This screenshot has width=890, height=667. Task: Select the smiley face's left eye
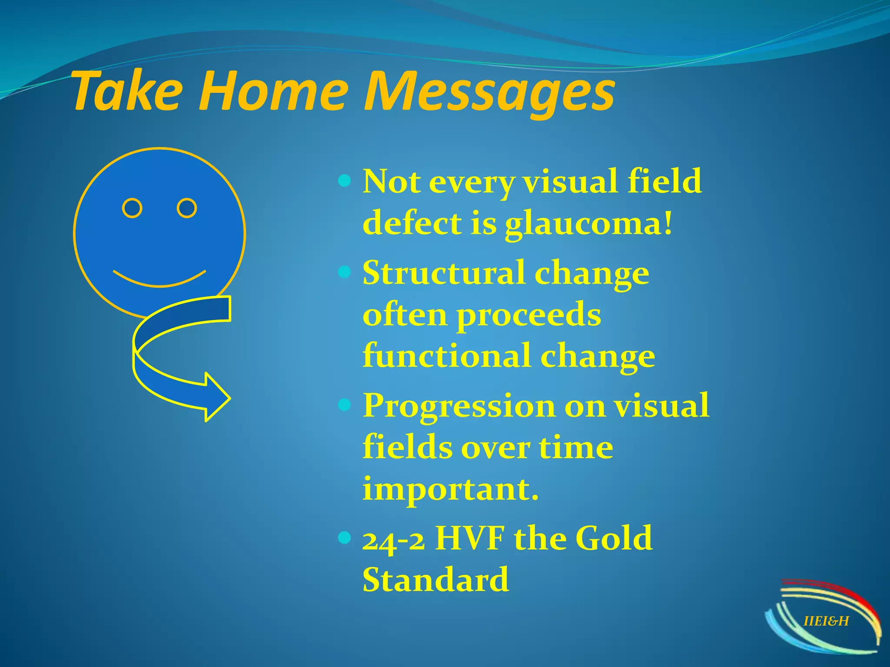[132, 208]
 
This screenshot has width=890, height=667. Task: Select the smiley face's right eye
[187, 208]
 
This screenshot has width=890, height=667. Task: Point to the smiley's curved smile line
[159, 281]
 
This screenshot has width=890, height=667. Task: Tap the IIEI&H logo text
[826, 621]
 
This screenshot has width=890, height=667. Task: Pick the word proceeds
[528, 316]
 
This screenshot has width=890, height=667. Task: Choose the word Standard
[435, 580]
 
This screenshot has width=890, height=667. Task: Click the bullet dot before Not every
[344, 181]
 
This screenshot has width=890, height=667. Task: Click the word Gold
[614, 538]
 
